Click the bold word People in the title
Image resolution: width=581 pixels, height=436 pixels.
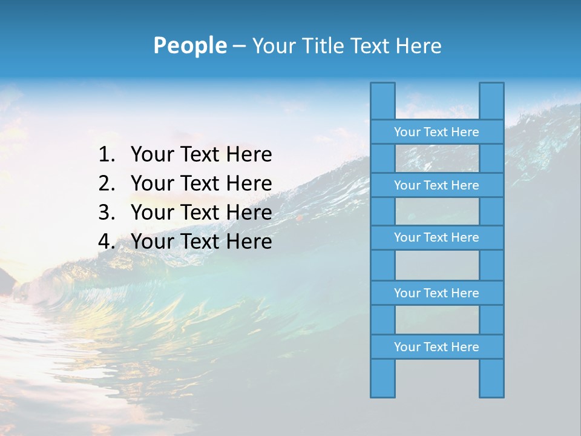pos(189,45)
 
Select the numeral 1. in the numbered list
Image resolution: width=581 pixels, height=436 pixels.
pos(107,155)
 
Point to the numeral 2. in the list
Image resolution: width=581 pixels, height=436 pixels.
pos(107,183)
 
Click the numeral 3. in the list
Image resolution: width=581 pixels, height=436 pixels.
pos(107,213)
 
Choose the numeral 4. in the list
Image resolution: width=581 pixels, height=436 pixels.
pos(107,242)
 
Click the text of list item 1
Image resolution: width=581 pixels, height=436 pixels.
pos(201,155)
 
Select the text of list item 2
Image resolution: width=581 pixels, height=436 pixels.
pos(201,183)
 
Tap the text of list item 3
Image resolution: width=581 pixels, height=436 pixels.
pos(201,213)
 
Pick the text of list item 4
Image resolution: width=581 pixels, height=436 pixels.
pos(201,242)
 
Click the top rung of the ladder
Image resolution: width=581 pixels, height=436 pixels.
pos(436,132)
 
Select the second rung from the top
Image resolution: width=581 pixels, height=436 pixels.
pos(436,185)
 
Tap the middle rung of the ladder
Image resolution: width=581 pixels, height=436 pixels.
pos(436,238)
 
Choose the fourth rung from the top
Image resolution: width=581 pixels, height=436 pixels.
pos(436,293)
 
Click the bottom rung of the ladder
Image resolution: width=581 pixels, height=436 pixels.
pos(436,347)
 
